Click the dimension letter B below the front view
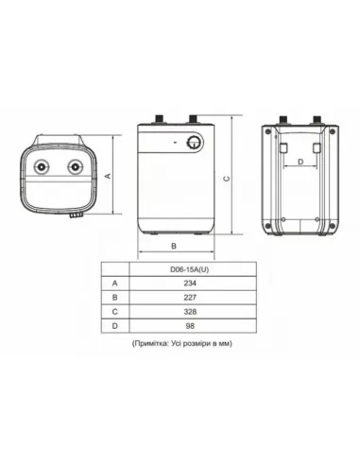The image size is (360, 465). coord(174,246)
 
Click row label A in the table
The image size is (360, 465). coord(115,282)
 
